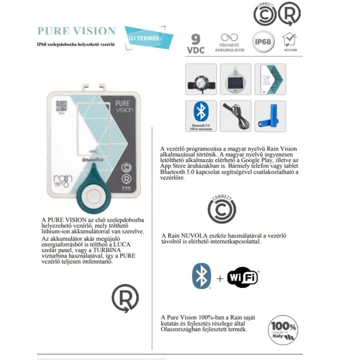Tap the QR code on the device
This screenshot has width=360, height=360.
[x=61, y=105]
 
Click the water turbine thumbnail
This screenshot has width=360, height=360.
[x=201, y=79]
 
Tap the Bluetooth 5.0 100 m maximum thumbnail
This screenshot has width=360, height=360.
[x=201, y=116]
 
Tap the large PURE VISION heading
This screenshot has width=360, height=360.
[x=76, y=31]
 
